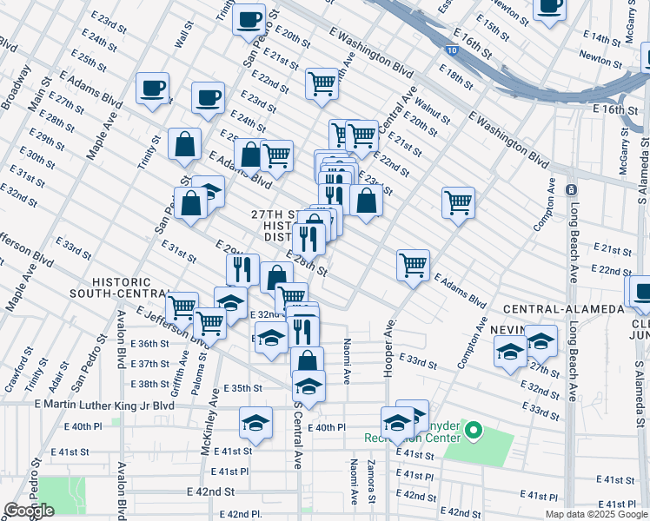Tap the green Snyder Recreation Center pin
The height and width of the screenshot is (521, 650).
(x=474, y=430)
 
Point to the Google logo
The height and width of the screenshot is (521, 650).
(x=29, y=511)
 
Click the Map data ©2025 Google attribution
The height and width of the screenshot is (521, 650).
(x=596, y=514)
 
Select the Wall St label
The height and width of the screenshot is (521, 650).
(x=183, y=36)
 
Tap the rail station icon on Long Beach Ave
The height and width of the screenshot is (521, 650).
(x=571, y=189)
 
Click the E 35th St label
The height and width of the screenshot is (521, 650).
(x=242, y=388)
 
